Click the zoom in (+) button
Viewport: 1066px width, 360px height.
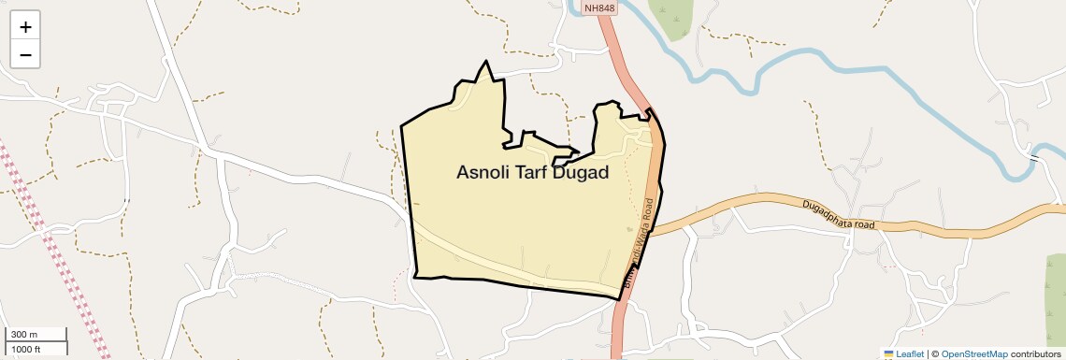click(25, 27)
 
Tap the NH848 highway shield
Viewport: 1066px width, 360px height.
click(598, 8)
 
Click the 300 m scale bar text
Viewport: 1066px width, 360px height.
click(24, 335)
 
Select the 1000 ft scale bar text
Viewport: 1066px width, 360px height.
click(26, 349)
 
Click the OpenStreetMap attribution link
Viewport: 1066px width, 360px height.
click(973, 354)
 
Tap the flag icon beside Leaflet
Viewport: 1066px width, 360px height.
click(888, 354)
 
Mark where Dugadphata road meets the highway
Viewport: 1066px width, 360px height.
click(653, 233)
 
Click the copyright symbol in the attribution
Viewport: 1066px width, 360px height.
click(934, 354)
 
